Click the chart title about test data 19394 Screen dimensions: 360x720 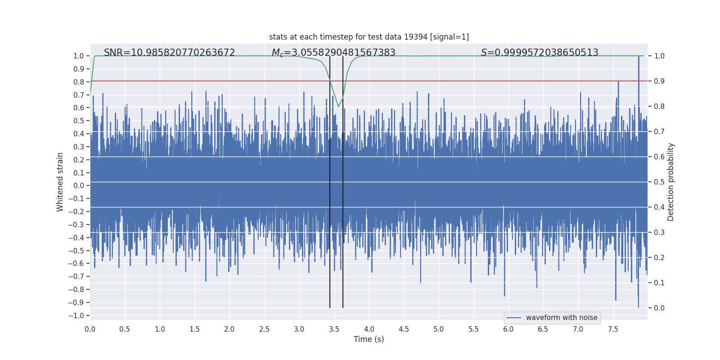point(369,37)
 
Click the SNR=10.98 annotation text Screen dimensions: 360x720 point(169,53)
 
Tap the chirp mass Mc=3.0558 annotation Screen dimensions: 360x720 point(333,53)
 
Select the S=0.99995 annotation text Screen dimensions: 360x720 point(540,53)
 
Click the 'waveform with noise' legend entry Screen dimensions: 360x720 point(561,318)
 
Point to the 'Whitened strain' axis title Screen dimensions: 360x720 point(60,182)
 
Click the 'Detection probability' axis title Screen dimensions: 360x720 point(671,182)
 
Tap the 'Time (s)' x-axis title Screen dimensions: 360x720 point(369,339)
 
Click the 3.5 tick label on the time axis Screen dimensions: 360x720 point(334,329)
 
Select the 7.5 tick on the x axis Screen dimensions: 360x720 point(613,329)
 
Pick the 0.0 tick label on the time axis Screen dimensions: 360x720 point(90,329)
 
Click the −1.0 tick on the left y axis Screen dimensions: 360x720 point(76,315)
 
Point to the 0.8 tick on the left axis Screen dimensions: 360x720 point(79,82)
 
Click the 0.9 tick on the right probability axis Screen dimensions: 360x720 point(659,81)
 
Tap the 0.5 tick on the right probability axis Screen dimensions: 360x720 point(659,182)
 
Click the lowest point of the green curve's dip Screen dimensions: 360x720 point(338,107)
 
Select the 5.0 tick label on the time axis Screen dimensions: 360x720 point(439,329)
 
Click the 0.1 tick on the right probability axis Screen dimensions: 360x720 point(659,283)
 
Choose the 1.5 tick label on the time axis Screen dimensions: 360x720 point(194,329)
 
